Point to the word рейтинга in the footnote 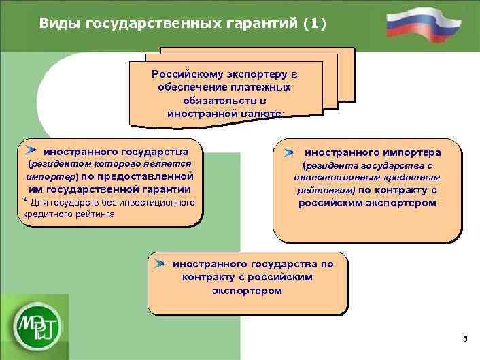[x=92, y=214]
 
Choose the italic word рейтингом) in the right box [x=326, y=191]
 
